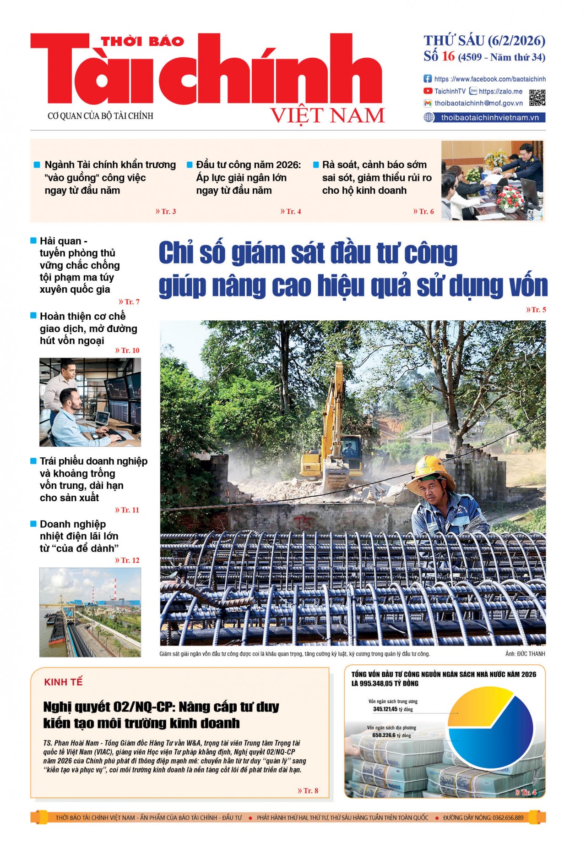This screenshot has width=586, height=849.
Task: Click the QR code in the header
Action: pos(537,98)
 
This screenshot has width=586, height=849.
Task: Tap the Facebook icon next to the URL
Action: pos(428,79)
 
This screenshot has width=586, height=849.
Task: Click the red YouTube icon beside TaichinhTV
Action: pos(428,91)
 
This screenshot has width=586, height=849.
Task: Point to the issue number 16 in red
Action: pos(448,56)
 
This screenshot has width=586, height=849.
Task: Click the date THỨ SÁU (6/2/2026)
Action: pos(484,41)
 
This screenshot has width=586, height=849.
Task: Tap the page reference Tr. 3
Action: pos(167,211)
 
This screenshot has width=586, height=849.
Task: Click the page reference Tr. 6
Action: pos(424,211)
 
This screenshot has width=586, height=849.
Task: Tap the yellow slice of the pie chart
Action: pos(476,706)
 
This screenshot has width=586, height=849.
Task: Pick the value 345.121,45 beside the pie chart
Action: pos(385,709)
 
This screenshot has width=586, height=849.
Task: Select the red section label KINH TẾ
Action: pos(63,682)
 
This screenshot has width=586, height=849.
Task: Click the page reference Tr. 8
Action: pos(308,790)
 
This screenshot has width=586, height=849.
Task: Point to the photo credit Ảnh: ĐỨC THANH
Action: pos(525,654)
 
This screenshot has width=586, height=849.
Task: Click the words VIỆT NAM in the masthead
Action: pos(327,115)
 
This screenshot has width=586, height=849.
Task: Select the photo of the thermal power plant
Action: pos(90,612)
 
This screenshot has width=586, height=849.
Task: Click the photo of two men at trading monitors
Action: pos(90,402)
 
